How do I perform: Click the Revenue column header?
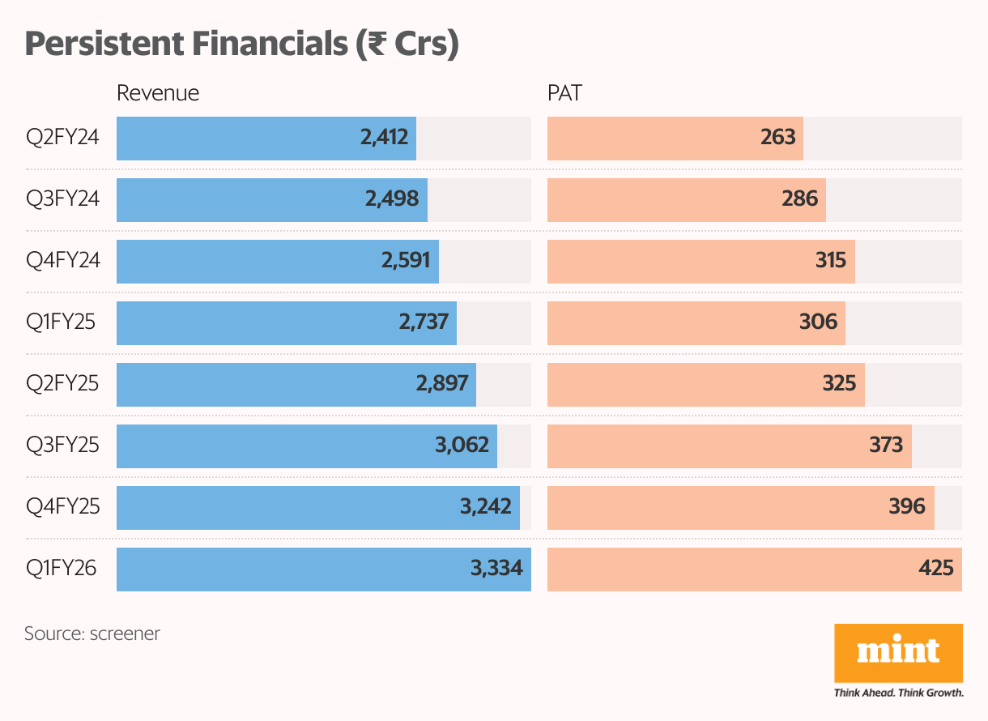158,93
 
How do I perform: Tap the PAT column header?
564,93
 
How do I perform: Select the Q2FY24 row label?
62,137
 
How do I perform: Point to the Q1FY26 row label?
61,568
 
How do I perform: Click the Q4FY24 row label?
63,260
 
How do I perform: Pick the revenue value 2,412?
384,137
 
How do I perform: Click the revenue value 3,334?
496,568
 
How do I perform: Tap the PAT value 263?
778,137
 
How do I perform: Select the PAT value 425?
936,568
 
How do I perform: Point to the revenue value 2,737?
424,322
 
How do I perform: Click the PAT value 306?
818,322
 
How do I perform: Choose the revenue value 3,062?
462,445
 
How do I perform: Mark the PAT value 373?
886,445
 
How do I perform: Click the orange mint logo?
898,653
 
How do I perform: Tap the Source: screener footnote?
92,634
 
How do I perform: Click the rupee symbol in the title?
377,44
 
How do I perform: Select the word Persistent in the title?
104,44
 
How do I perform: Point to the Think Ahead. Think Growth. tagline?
898,693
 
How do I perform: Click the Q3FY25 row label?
62,445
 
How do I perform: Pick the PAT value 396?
907,506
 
